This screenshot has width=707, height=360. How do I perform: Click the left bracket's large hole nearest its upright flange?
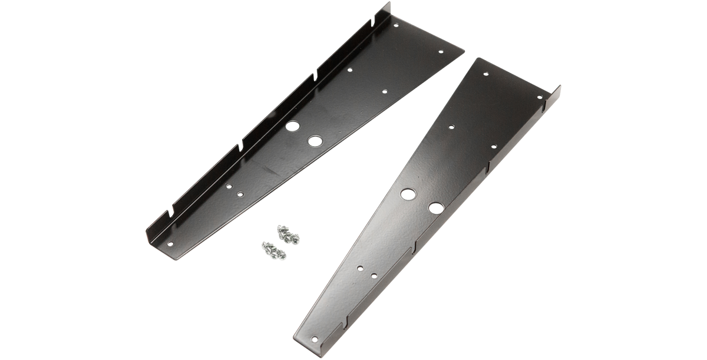pyautogui.click(x=293, y=126)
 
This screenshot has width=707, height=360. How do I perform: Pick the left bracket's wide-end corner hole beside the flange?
pyautogui.click(x=396, y=26)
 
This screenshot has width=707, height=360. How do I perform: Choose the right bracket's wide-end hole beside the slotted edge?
pyautogui.click(x=539, y=96)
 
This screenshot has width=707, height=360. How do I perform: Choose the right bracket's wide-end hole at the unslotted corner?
pyautogui.click(x=485, y=75)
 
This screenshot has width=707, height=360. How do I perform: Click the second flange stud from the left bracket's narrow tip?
pyautogui.click(x=242, y=144)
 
